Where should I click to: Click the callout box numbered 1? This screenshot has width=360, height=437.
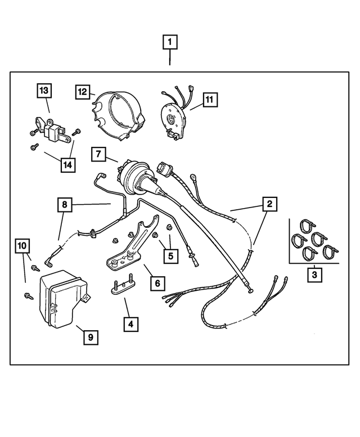(x=170, y=42)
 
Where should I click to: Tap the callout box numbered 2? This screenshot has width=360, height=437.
(x=269, y=204)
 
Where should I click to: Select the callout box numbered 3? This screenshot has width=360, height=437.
(x=314, y=275)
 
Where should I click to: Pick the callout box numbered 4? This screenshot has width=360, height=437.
(x=130, y=324)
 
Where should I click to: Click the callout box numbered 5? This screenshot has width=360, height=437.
(x=170, y=255)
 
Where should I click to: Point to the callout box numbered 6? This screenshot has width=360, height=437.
(x=157, y=283)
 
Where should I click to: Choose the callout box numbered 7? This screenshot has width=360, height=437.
(x=98, y=154)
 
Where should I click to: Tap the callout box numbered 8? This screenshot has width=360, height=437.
(x=65, y=205)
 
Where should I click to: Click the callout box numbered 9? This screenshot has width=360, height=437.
(x=91, y=337)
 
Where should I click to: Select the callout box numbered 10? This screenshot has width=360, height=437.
(x=22, y=246)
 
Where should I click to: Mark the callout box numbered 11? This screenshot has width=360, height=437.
(x=210, y=100)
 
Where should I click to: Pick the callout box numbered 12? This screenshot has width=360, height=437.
(x=83, y=92)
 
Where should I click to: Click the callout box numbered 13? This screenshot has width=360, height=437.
(x=44, y=91)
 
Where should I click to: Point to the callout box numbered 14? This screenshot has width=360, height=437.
(x=68, y=165)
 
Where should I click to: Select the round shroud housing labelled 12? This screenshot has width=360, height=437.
(x=119, y=116)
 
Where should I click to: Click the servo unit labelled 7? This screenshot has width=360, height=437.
(x=135, y=177)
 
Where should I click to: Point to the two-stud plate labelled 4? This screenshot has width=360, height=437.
(x=122, y=285)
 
